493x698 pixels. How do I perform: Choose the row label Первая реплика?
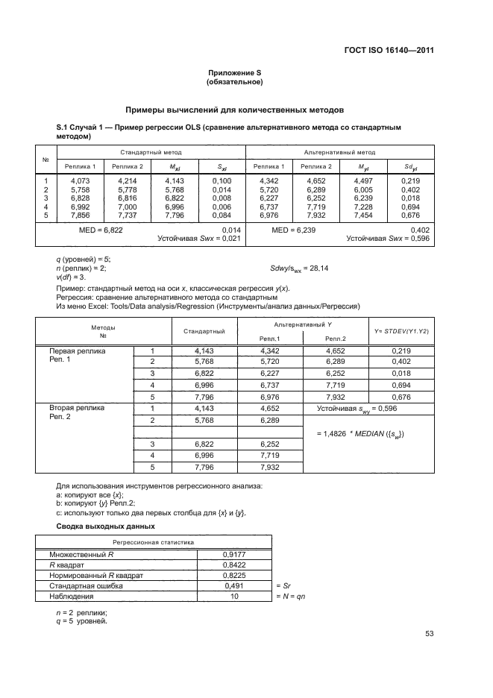click(x=78, y=350)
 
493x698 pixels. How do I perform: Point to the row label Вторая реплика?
click(x=77, y=409)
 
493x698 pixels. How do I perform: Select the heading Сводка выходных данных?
click(x=100, y=526)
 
